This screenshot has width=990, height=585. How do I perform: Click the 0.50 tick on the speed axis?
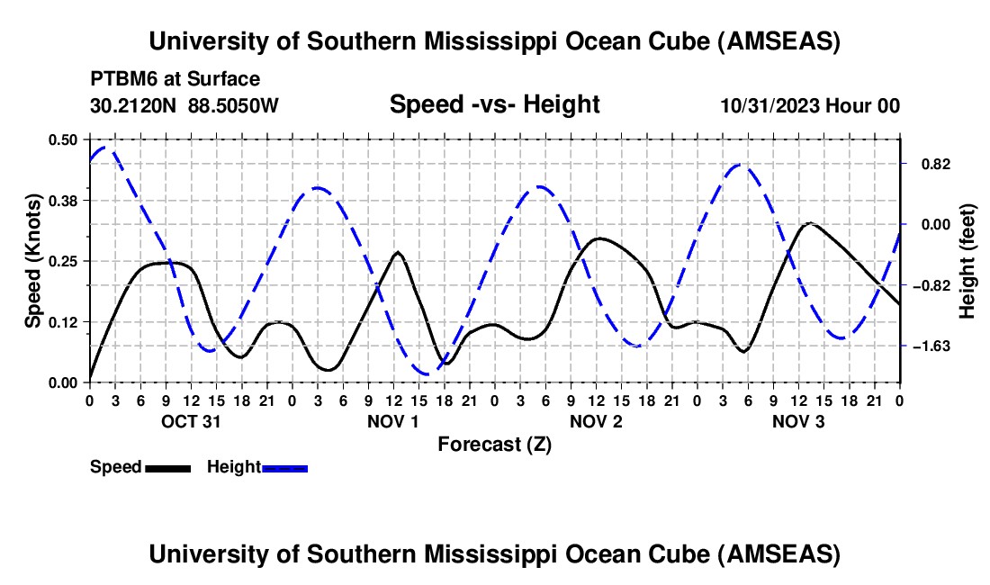66,139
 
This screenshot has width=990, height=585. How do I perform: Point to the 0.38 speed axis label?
66,200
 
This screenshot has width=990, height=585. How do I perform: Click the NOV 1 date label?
393,421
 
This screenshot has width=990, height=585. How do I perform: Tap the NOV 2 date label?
596,421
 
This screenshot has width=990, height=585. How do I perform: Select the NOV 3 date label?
798,421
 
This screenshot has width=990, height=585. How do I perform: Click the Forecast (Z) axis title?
494,444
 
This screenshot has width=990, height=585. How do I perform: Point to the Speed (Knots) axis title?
33,261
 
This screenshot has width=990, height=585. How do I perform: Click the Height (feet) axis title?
967,261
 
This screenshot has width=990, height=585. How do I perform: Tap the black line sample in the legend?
167,468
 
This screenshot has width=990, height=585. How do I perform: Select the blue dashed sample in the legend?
284,468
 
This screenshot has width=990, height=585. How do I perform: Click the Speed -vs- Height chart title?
494,104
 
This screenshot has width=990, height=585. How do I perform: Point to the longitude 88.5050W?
234,106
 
